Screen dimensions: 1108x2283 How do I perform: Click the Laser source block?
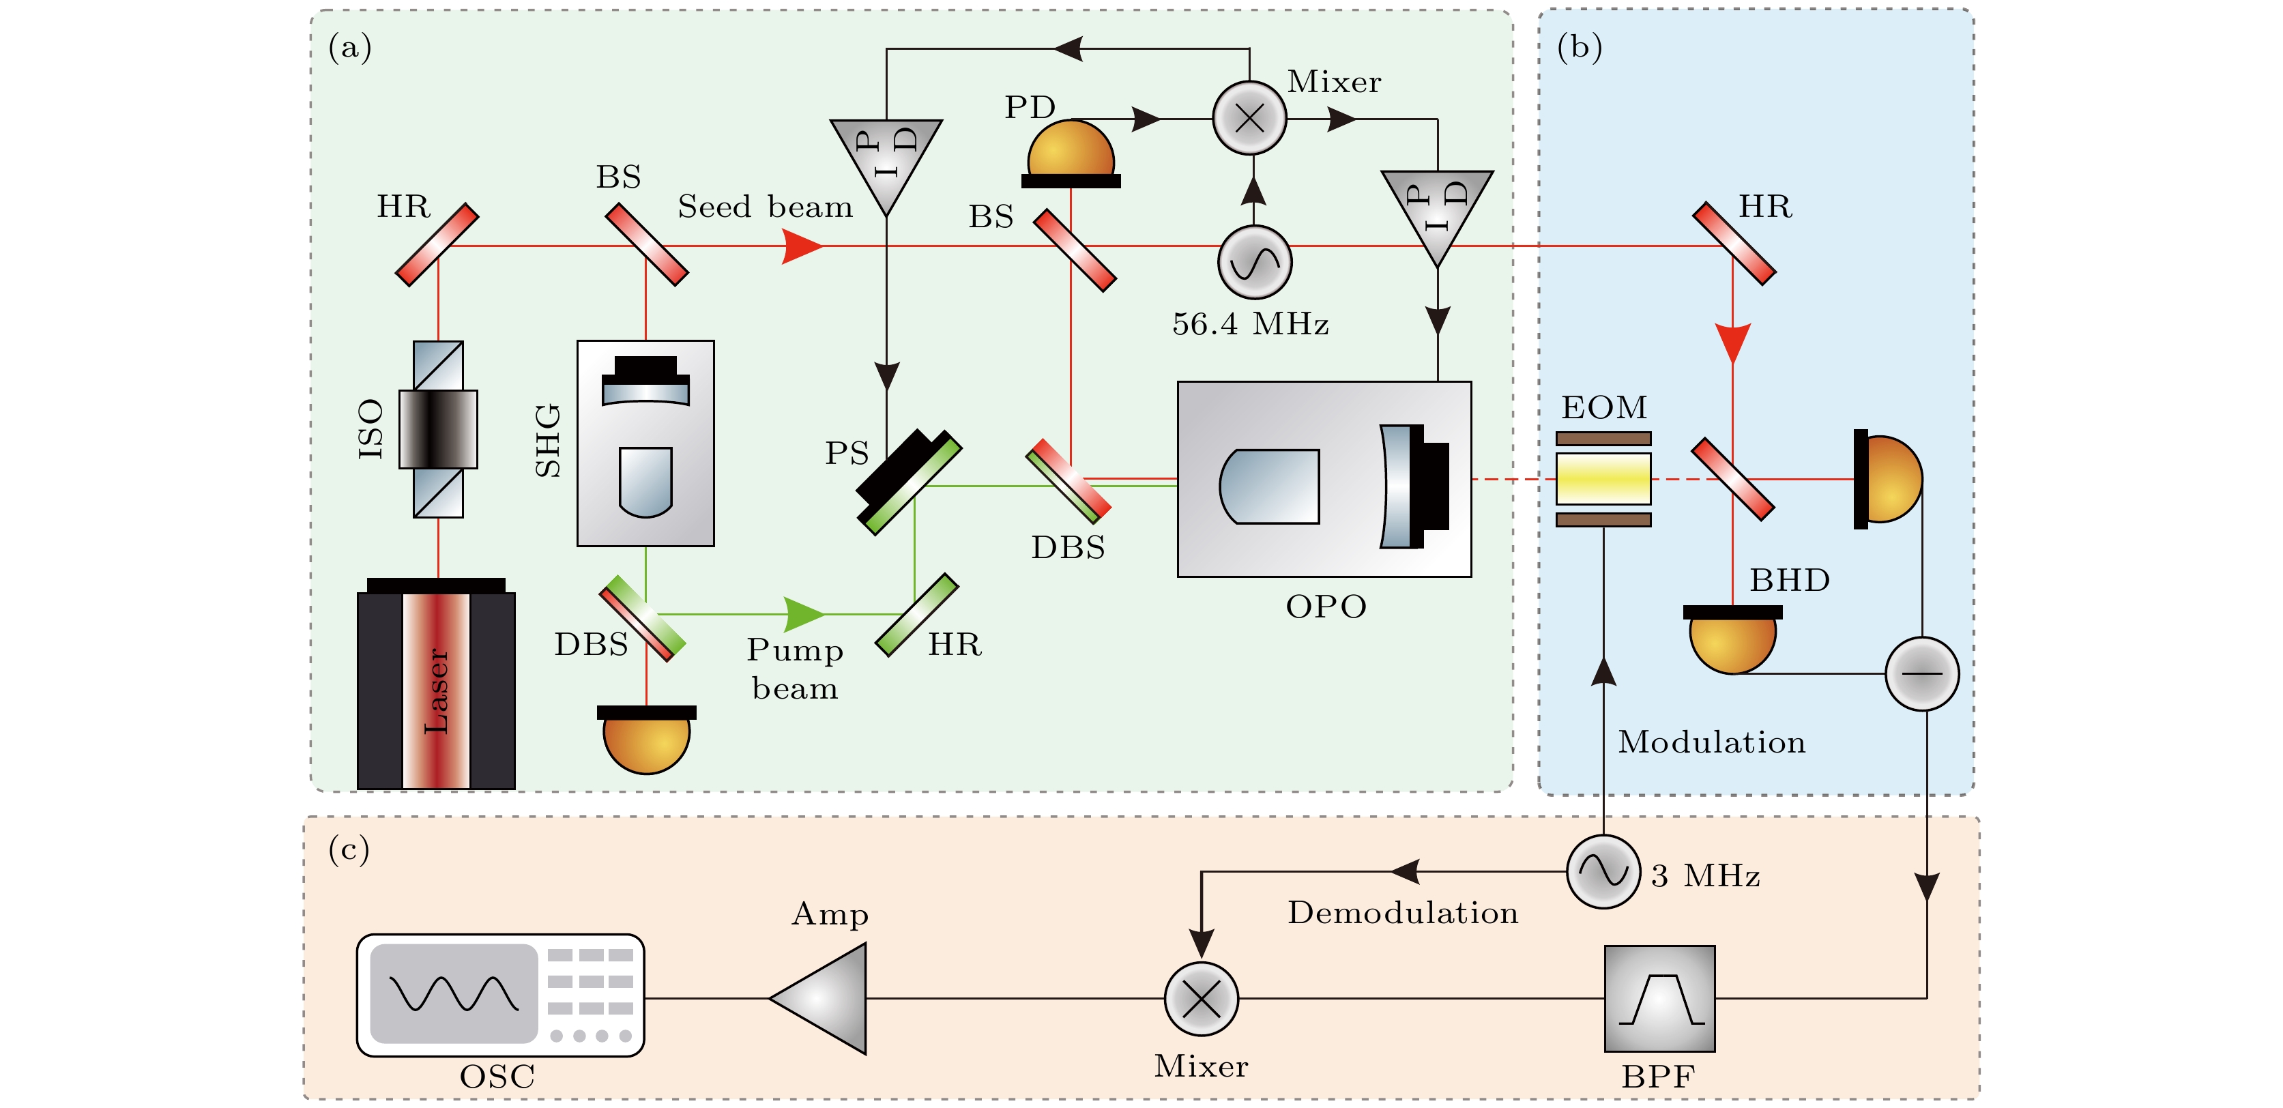436,687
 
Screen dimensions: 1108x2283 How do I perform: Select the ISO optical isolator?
438,429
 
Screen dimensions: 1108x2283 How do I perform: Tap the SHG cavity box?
645,443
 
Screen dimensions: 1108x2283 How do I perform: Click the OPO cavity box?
1324,480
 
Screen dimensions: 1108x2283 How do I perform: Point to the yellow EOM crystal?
1603,479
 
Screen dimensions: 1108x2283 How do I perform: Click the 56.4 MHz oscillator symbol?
1254,263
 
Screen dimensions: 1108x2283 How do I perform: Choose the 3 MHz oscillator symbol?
1603,872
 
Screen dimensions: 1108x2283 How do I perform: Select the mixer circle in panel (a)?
1249,118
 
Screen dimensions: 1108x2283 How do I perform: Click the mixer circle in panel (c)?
1201,999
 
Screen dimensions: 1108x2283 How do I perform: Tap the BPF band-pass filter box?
1660,999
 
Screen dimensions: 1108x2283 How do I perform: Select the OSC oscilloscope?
500,995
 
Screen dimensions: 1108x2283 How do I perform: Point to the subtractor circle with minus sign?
1921,673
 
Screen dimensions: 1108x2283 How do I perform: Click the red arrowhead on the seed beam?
802,246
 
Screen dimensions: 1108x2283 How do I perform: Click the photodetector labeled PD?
1071,152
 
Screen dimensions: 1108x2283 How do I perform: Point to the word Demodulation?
1402,912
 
